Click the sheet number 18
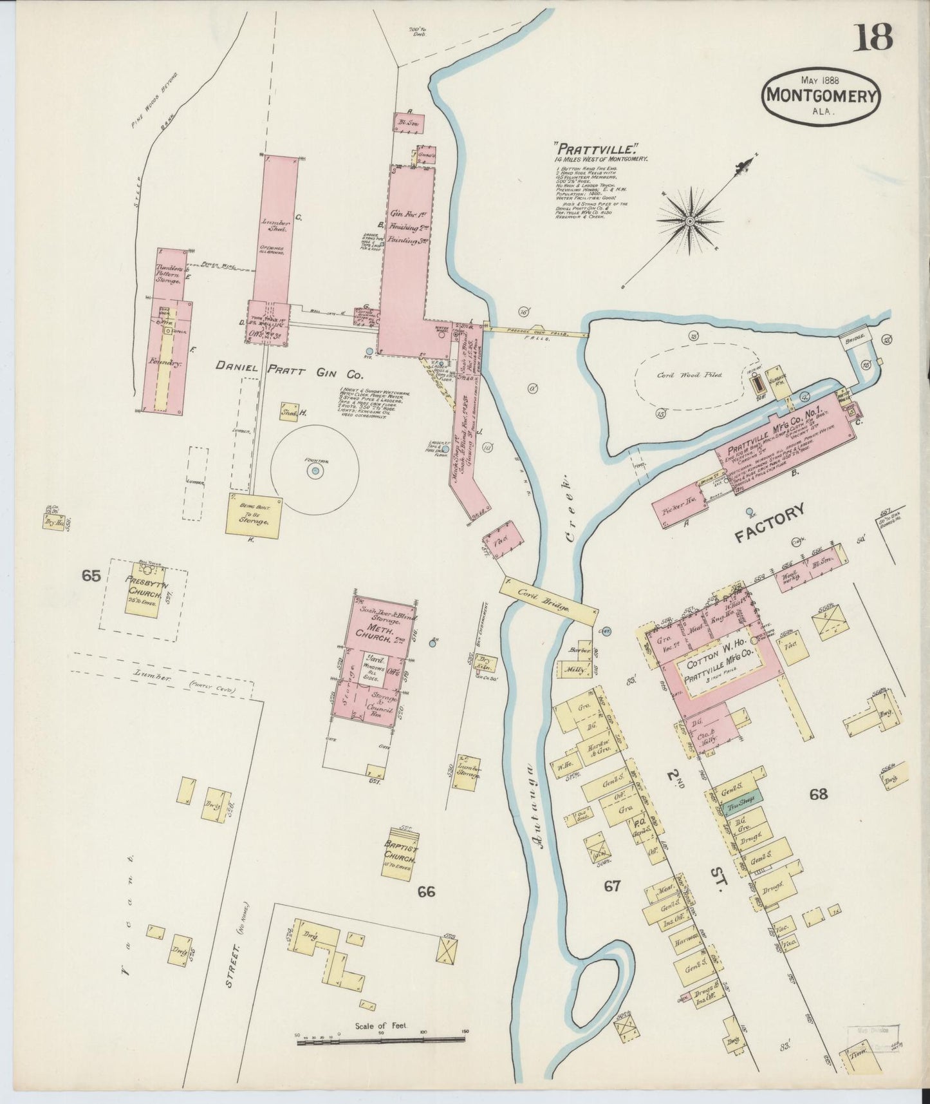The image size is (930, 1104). tap(873, 37)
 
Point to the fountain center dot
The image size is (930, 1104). tap(315, 472)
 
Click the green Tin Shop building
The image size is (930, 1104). tap(742, 806)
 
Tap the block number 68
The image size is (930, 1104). tap(819, 794)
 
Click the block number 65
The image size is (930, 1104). tap(91, 575)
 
